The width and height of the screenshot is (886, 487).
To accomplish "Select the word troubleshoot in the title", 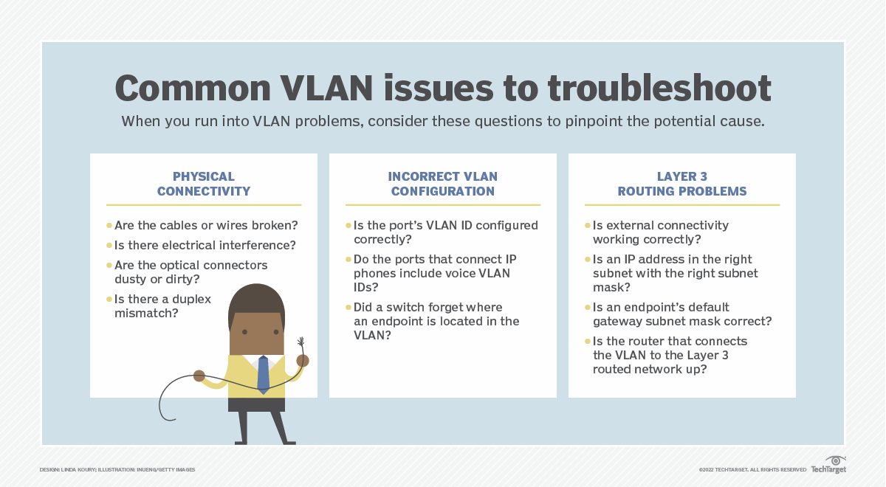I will (x=659, y=89).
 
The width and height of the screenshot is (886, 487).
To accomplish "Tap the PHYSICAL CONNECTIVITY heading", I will (x=204, y=184).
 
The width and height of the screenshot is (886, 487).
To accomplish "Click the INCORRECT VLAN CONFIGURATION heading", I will (x=443, y=184).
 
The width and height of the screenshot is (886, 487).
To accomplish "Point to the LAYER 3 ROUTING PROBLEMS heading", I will (x=681, y=184).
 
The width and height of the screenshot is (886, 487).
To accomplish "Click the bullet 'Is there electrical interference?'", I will (x=205, y=245).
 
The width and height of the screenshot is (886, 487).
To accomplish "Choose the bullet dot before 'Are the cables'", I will (x=109, y=225).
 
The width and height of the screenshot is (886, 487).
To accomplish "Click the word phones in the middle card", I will (x=373, y=273).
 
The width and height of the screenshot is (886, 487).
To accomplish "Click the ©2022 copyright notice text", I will (x=752, y=469).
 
